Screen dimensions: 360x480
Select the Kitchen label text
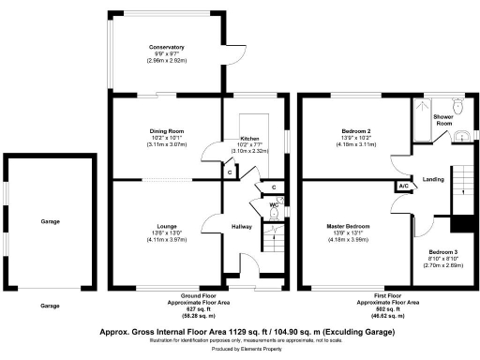(248, 138)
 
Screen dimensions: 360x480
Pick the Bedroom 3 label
(444, 253)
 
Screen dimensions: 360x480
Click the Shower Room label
(442, 120)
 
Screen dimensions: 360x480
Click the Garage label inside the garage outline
(50, 222)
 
